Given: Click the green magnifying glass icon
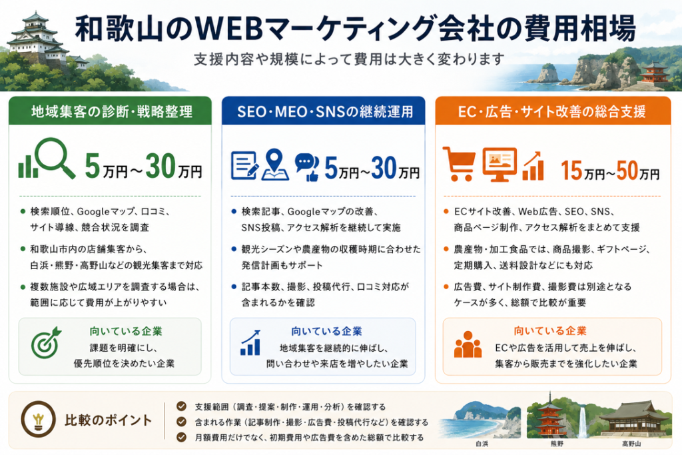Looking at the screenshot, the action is pyautogui.click(x=55, y=157).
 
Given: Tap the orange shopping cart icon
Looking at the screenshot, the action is pyautogui.click(x=458, y=164).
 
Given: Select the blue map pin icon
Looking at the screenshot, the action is pyautogui.click(x=275, y=165).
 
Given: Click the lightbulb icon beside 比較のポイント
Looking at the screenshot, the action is pyautogui.click(x=38, y=419).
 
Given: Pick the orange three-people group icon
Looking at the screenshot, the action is pyautogui.click(x=468, y=344).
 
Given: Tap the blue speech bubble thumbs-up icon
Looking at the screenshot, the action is pyautogui.click(x=306, y=167).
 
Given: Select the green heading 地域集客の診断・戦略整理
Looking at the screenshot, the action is pyautogui.click(x=112, y=112).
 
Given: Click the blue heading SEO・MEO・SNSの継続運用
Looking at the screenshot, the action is pyautogui.click(x=325, y=112).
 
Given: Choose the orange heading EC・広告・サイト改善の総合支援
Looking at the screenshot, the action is pyautogui.click(x=551, y=112).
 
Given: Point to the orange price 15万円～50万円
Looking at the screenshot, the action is pyautogui.click(x=610, y=171).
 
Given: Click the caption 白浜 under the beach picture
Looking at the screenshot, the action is pyautogui.click(x=482, y=444).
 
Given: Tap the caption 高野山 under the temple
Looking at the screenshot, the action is pyautogui.click(x=631, y=444).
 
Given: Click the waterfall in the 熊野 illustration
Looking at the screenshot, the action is pyautogui.click(x=582, y=420).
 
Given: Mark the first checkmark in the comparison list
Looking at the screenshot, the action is pyautogui.click(x=181, y=406).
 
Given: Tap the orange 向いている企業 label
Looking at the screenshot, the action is pyautogui.click(x=550, y=331).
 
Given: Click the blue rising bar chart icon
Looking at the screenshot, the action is pyautogui.click(x=251, y=343).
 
